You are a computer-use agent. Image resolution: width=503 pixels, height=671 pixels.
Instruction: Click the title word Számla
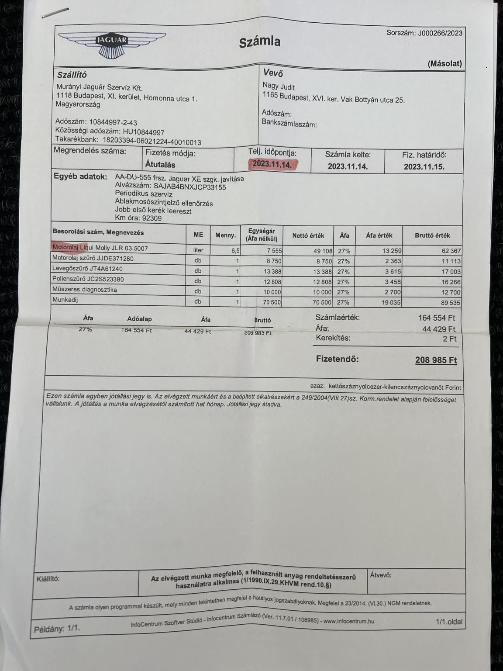(259, 42)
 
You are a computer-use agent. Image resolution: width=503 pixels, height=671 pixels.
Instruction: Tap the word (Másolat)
(444, 64)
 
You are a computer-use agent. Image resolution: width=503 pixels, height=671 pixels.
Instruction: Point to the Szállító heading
(72, 75)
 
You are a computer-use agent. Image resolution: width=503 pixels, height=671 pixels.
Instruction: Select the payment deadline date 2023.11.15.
(424, 166)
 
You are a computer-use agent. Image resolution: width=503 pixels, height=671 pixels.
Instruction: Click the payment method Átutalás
(160, 165)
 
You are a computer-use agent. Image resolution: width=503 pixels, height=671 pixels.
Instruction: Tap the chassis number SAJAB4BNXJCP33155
(190, 187)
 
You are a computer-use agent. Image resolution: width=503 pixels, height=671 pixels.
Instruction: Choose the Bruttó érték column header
(432, 235)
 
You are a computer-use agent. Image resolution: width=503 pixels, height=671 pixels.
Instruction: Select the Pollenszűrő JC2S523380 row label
(88, 279)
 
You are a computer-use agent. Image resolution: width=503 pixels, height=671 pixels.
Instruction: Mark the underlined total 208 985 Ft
(436, 360)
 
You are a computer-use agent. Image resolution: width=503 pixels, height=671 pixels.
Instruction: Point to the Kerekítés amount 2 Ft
(449, 339)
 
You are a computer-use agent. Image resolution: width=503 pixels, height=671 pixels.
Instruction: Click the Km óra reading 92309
(149, 218)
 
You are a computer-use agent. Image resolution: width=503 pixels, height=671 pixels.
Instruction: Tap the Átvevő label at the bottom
(380, 575)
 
